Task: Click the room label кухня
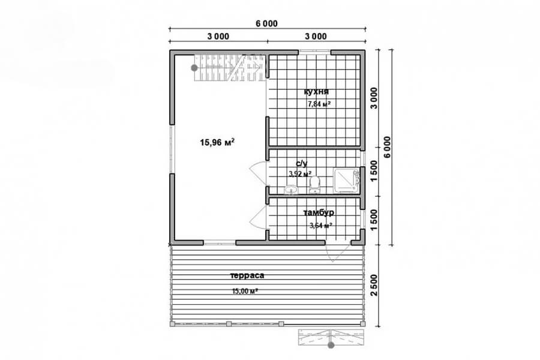[316, 92]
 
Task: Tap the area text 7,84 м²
[319, 104]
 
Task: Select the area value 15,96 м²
[217, 142]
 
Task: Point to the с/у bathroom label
[301, 163]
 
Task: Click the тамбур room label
[319, 212]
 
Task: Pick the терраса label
[247, 275]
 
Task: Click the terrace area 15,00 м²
[245, 291]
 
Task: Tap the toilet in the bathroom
[314, 185]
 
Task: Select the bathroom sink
[291, 190]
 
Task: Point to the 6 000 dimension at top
[266, 23]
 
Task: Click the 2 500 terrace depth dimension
[374, 285]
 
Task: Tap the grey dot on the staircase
[194, 68]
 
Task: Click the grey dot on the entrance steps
[331, 345]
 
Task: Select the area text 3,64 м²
[320, 226]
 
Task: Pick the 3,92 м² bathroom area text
[301, 174]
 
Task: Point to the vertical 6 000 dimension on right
[388, 147]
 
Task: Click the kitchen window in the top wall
[314, 52]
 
